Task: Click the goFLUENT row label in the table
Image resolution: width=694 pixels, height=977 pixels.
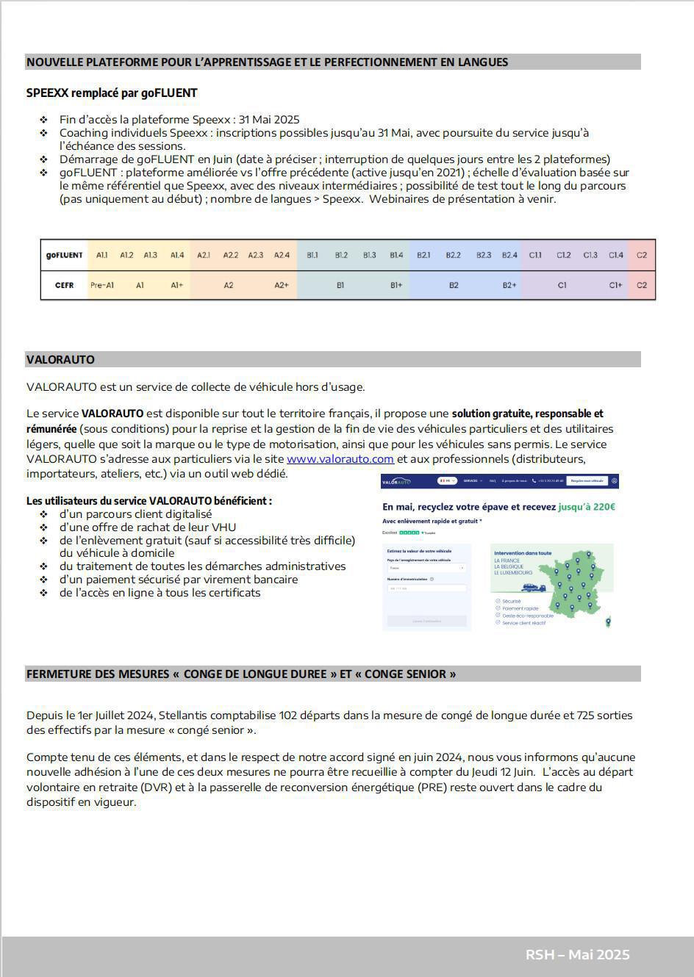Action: coord(65,255)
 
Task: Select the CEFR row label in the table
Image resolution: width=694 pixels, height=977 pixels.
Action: coord(65,285)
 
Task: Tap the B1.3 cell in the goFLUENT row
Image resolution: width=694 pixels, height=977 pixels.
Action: coord(369,255)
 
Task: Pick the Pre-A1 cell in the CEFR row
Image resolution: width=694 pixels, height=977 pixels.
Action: coord(102,285)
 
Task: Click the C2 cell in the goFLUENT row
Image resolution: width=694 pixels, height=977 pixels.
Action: coord(642,255)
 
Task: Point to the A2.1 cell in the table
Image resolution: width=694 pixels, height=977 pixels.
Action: coord(204,255)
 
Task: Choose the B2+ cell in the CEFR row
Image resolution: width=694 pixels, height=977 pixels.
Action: coord(509,285)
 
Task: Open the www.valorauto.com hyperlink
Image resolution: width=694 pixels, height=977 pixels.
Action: coord(340,459)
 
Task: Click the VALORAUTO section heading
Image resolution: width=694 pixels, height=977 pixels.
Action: coord(60,360)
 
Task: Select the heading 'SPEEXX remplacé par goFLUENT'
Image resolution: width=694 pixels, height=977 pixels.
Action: coord(112,93)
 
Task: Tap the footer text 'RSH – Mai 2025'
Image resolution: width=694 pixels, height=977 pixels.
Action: coord(577,955)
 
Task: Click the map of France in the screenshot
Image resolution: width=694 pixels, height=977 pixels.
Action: coord(576,584)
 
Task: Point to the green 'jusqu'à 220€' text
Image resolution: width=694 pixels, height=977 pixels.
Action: coord(587,507)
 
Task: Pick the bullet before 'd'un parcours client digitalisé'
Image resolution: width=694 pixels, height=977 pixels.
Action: coord(44,514)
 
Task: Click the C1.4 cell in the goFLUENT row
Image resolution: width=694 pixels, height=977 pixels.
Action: coord(616,255)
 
